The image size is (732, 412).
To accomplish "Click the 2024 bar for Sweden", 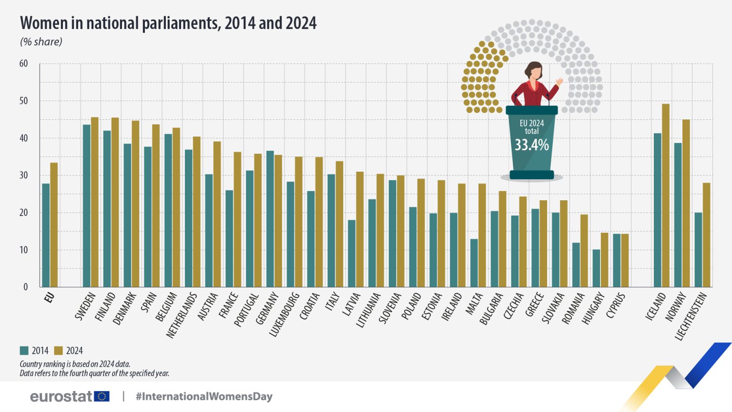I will point(94,202).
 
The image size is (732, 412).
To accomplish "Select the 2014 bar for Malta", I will point(474,263).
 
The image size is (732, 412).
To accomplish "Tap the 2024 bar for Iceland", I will point(665,196).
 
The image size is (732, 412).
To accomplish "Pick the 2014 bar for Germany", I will point(270,219).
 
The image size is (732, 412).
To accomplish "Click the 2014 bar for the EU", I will point(46,235).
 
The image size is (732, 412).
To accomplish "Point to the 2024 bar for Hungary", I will point(604,260).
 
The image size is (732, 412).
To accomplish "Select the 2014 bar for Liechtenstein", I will point(698,250).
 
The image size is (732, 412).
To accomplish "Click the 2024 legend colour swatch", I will point(59,350).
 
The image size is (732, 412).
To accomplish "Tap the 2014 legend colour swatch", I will point(24,350).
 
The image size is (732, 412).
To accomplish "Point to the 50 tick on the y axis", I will point(23,101).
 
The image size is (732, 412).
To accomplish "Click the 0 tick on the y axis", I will point(26,287).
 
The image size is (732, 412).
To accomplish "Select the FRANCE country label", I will point(228,306).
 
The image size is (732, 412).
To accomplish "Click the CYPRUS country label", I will point(616,306).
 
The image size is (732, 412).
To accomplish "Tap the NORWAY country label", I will point(677,307).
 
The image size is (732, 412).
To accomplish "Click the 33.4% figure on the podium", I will point(531,145).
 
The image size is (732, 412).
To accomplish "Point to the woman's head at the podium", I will point(535,71).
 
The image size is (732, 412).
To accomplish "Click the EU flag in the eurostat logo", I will point(102,396).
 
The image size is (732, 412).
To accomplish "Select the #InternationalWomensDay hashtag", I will point(204,396).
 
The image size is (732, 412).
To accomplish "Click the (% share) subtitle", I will point(41,42).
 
